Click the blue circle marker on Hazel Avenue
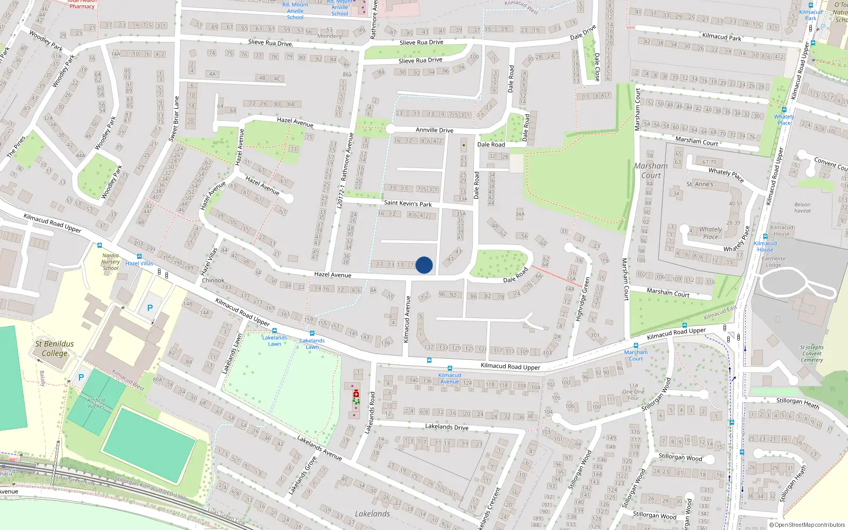coord(424,265)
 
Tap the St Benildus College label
coord(55,348)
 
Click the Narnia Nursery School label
coord(110,262)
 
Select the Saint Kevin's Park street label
coord(408,203)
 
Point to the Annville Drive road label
coord(434,130)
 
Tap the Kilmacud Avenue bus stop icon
coord(449,368)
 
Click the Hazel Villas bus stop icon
coord(139,257)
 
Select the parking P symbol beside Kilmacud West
coord(81,377)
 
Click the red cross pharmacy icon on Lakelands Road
coord(356,394)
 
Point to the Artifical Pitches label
coord(96,403)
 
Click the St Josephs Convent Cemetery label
coord(811,354)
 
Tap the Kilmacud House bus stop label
coord(765,246)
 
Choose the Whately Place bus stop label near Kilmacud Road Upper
coord(783,120)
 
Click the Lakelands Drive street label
coord(446,427)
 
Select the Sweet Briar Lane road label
coord(174,119)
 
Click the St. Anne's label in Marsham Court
coord(700,184)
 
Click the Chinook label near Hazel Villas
coord(213,280)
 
